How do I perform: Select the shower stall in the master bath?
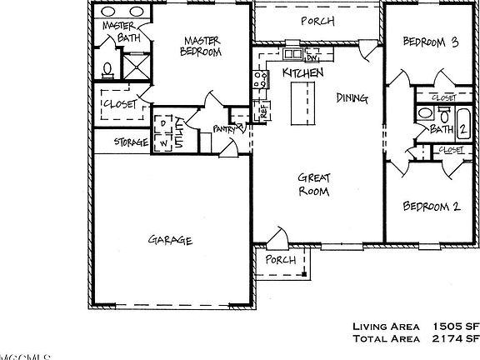point(134,66)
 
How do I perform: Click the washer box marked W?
point(162,142)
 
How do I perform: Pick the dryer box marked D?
point(162,125)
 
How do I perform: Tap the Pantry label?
point(224,128)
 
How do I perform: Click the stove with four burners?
point(259,79)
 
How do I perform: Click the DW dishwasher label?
point(312,58)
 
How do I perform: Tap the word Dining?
point(352,97)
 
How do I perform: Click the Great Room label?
point(314,183)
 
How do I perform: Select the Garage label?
point(171,240)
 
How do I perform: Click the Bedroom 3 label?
point(431,42)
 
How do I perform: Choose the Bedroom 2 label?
point(432,206)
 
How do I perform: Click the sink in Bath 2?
point(425,113)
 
